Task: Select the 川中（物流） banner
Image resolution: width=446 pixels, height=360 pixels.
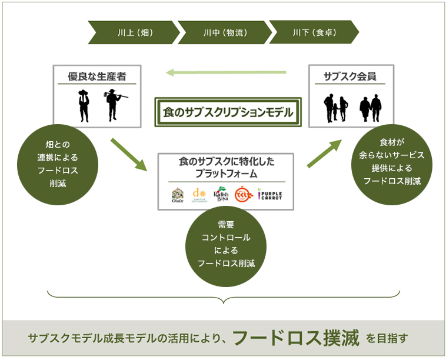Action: coord(224,32)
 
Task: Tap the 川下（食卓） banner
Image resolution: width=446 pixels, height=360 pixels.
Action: coord(314,32)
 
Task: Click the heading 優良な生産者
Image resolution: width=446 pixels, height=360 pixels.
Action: coord(96,76)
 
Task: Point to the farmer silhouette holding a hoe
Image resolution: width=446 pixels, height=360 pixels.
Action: coord(112,105)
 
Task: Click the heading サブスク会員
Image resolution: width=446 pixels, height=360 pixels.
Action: coord(350,76)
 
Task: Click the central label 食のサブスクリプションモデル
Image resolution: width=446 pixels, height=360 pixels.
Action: coord(228,111)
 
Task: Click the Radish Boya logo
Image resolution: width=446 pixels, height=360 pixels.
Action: coord(221,195)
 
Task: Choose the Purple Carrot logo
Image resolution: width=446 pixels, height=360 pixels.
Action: coord(270,195)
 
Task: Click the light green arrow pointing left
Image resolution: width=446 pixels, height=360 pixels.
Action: coord(226,72)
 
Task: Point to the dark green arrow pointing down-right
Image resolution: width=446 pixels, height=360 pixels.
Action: coord(128,154)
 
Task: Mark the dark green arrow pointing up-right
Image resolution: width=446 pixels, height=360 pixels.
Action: coord(325,154)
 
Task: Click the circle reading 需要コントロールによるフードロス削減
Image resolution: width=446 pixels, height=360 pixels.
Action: coord(227,243)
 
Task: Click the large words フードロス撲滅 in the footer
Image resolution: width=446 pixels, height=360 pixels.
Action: coord(296,338)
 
